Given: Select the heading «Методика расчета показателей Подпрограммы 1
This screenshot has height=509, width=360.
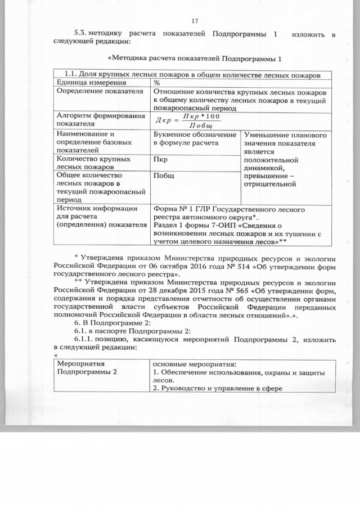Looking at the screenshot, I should click(x=193, y=58).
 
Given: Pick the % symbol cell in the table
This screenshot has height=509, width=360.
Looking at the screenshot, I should click(x=157, y=83).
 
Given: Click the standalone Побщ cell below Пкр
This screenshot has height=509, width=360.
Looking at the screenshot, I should click(x=163, y=175).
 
